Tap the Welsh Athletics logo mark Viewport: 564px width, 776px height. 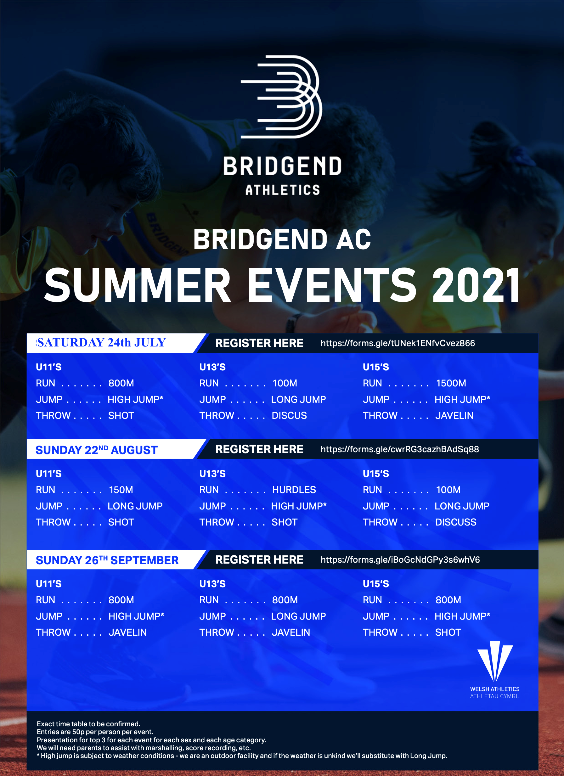(495, 662)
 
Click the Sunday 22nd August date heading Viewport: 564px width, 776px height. (97, 450)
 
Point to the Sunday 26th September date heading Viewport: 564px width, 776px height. (107, 560)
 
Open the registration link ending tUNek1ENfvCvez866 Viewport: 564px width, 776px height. (398, 343)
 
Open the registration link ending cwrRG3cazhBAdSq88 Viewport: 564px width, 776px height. (400, 449)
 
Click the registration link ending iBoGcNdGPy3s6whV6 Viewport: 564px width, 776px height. (400, 560)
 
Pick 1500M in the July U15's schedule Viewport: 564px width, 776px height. (451, 383)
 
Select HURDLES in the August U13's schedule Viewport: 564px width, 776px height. (294, 490)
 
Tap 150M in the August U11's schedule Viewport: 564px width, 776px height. (121, 490)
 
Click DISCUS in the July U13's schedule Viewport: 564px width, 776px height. (289, 415)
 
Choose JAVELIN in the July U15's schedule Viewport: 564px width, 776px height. (454, 415)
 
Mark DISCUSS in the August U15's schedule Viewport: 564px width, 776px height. (455, 522)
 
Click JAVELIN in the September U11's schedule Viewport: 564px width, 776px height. (128, 632)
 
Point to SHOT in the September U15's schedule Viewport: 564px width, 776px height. (448, 632)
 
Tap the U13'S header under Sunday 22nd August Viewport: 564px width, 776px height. (212, 474)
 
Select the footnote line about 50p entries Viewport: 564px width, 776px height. (95, 732)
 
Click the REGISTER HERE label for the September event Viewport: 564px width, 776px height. (259, 560)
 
